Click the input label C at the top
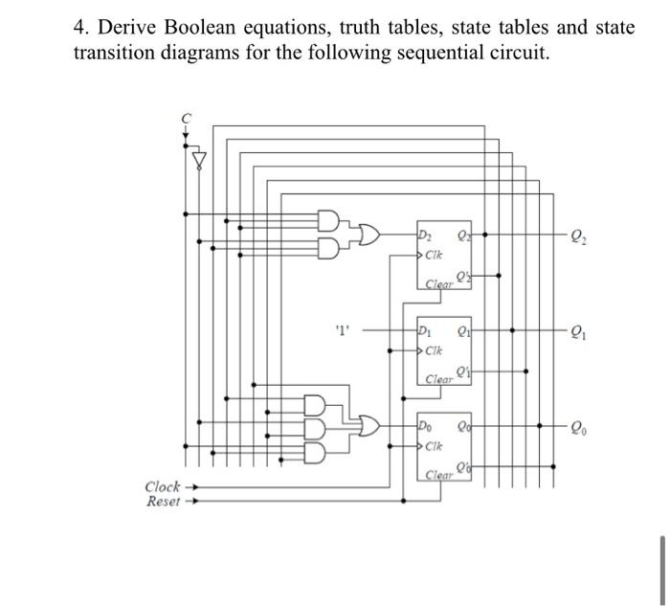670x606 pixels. [187, 117]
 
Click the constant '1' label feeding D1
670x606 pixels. [343, 333]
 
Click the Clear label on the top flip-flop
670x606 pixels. [439, 284]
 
